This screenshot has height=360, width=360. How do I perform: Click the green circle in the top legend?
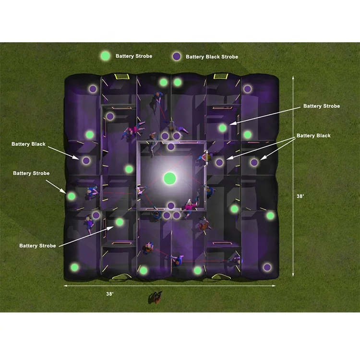click(x=105, y=56)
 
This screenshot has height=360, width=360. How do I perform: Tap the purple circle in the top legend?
click(x=177, y=57)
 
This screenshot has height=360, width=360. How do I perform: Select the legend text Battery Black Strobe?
click(x=212, y=57)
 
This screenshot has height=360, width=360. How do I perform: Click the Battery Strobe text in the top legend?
click(x=134, y=56)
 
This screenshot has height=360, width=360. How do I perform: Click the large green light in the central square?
click(x=170, y=179)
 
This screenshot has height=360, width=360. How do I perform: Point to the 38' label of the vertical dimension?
click(x=301, y=196)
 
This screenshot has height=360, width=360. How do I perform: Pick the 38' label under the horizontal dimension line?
click(x=109, y=293)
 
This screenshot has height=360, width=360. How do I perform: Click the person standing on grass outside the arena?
click(x=156, y=298)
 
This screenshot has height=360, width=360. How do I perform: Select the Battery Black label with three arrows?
click(x=313, y=136)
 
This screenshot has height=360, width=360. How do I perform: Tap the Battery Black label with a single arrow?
click(x=29, y=144)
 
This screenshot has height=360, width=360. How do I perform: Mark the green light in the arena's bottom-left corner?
click(x=74, y=267)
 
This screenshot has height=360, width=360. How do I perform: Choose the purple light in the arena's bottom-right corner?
click(x=267, y=267)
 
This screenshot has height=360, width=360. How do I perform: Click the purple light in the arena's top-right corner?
click(x=247, y=89)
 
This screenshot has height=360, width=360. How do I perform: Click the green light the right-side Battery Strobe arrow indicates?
click(x=222, y=128)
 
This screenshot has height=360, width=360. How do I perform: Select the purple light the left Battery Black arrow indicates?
click(x=86, y=161)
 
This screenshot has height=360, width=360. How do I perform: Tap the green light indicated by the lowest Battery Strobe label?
click(x=120, y=222)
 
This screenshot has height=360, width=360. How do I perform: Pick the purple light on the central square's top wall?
click(x=171, y=146)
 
